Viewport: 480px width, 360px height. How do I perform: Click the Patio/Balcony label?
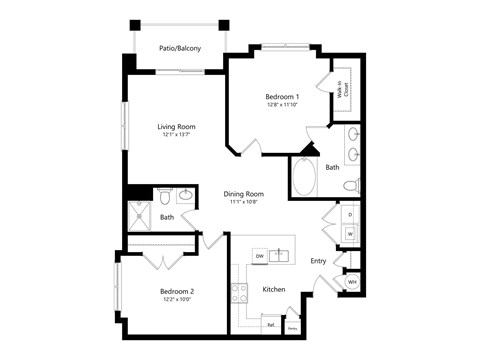click(179, 48)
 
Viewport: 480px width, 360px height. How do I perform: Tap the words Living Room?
click(175, 127)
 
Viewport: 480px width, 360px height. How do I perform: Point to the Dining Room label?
click(243, 194)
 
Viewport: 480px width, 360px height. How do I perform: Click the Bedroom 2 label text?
click(177, 291)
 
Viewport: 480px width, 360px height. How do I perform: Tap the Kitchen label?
click(274, 289)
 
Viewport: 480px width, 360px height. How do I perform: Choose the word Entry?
click(318, 261)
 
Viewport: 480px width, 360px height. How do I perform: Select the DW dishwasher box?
click(259, 256)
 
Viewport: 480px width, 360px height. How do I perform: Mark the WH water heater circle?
click(352, 282)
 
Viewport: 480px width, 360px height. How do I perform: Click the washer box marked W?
click(350, 234)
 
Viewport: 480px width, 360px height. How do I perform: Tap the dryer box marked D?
click(350, 214)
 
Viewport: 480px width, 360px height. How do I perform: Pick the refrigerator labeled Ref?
click(271, 324)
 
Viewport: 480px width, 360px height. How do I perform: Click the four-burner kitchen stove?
click(239, 293)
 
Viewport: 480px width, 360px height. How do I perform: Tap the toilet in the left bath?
click(167, 196)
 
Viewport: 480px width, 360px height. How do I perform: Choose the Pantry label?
click(293, 326)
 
